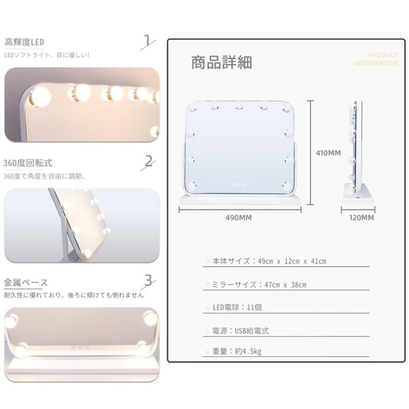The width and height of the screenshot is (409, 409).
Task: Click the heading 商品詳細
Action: [x=222, y=63]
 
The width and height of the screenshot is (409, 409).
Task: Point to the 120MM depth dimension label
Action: [x=358, y=218]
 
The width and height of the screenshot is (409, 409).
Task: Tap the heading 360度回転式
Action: [x=28, y=163]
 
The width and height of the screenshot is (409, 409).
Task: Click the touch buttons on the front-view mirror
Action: [x=240, y=183]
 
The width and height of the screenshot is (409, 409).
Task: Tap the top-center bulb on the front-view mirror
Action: [x=240, y=106]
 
